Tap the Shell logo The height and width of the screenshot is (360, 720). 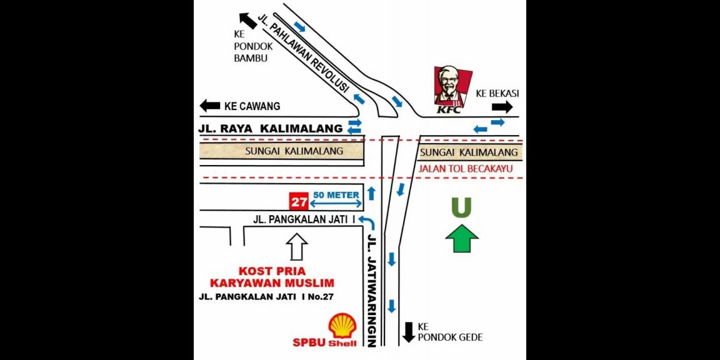[x=342, y=326]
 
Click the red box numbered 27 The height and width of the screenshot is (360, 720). [x=297, y=201]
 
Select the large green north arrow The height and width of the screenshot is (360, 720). [x=461, y=239]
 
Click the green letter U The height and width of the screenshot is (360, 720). [x=461, y=208]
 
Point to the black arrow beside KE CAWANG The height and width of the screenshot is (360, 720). [x=209, y=106]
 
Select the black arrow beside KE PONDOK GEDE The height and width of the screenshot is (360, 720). [x=409, y=332]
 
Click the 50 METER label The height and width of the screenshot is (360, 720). [x=337, y=194]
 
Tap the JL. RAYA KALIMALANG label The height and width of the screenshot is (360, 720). [x=271, y=128]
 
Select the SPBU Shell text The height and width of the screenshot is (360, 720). [x=324, y=342]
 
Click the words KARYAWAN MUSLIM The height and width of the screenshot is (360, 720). [x=277, y=283]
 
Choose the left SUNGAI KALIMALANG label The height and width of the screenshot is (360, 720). [x=285, y=151]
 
